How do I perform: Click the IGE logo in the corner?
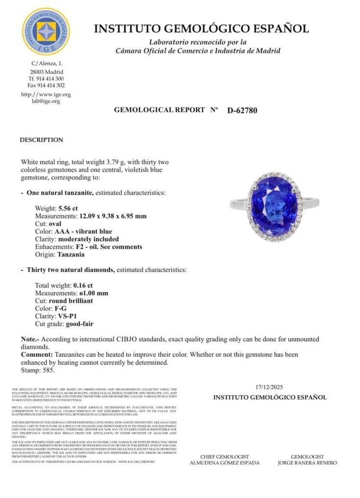point(46,31)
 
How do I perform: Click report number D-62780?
point(242,110)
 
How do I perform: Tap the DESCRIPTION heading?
point(41,140)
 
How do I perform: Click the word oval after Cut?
point(56,224)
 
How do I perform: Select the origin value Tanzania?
point(71,255)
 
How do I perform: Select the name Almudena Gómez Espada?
point(224,463)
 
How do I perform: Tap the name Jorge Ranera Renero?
point(307,463)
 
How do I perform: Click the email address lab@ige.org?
point(46,101)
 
